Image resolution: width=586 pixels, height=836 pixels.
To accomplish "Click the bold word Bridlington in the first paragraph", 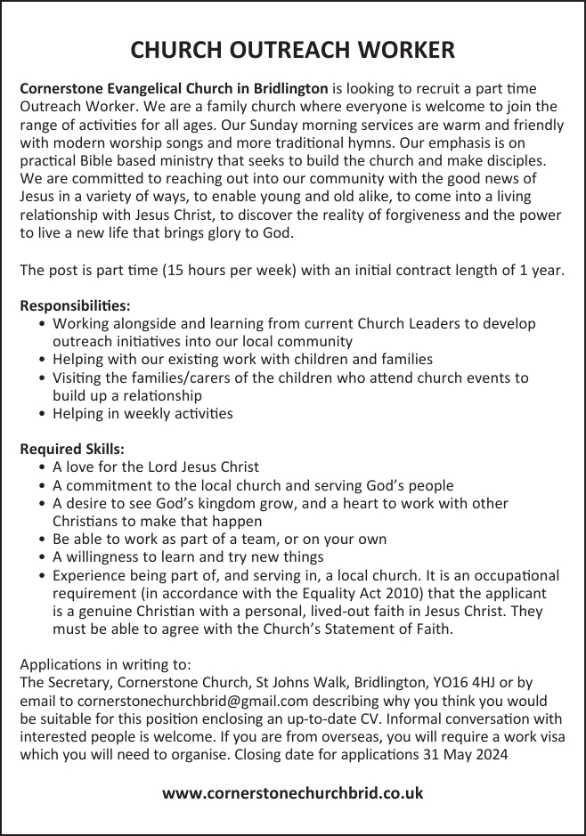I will click(x=288, y=90).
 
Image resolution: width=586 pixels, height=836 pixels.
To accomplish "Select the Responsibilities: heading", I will click(x=75, y=305).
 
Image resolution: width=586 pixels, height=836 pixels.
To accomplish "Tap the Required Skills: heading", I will click(x=72, y=449).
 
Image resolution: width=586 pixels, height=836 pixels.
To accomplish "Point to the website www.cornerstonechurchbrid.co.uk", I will click(x=292, y=791).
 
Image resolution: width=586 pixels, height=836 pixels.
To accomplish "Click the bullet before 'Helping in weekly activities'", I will click(x=45, y=414).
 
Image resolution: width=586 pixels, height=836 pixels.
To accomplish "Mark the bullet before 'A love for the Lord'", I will click(x=45, y=467).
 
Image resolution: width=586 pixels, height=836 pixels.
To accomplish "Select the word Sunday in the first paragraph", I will click(x=278, y=126).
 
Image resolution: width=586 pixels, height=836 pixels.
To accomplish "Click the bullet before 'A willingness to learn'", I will click(x=45, y=557).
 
